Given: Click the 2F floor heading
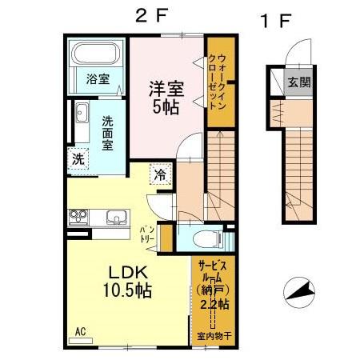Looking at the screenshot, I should click(x=153, y=17).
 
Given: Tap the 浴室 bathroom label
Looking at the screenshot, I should click(x=98, y=80).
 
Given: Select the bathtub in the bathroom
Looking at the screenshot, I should click(x=96, y=56).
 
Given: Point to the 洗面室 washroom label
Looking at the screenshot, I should click(x=106, y=134).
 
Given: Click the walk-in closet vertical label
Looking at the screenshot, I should click(x=222, y=80).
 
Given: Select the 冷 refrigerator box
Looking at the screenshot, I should click(x=160, y=174).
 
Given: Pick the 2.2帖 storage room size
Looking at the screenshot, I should click(x=213, y=306).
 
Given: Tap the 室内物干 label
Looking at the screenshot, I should click(x=213, y=337).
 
